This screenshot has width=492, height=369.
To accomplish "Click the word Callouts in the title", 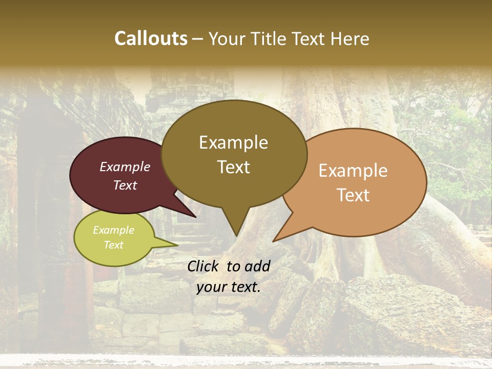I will [151, 38].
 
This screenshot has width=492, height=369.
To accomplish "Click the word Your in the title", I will [228, 39].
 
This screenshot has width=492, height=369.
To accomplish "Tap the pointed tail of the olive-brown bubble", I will [235, 225].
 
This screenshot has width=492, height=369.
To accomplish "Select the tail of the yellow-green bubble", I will [167, 244].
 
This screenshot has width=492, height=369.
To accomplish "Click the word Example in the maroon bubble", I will [125, 167].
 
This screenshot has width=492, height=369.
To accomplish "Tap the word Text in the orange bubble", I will [354, 195].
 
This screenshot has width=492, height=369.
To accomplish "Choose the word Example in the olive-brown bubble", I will [233, 142].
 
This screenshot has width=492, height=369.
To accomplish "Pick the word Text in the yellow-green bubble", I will [114, 245].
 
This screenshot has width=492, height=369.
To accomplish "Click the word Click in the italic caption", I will [204, 265].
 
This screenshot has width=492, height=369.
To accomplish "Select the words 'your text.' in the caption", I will [229, 287].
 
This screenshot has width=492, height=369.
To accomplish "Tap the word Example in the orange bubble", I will [353, 171].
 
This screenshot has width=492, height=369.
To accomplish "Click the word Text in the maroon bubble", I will [125, 185].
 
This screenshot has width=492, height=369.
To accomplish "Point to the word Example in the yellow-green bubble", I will [113, 230].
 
